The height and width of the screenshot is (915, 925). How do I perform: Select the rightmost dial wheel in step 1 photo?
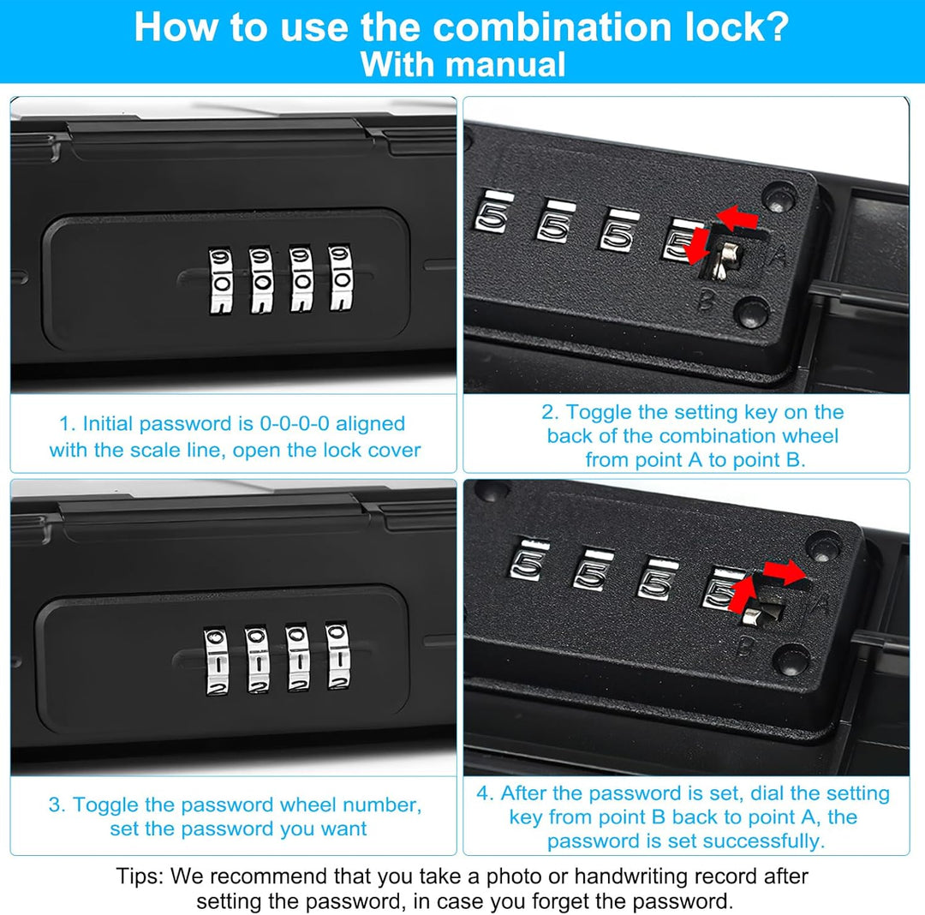click(341, 277)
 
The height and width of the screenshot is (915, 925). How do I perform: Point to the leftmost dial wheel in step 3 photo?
click(217, 661)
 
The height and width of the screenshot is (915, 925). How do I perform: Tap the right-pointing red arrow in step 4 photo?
click(785, 572)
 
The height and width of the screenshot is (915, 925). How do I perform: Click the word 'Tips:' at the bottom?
click(140, 876)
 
